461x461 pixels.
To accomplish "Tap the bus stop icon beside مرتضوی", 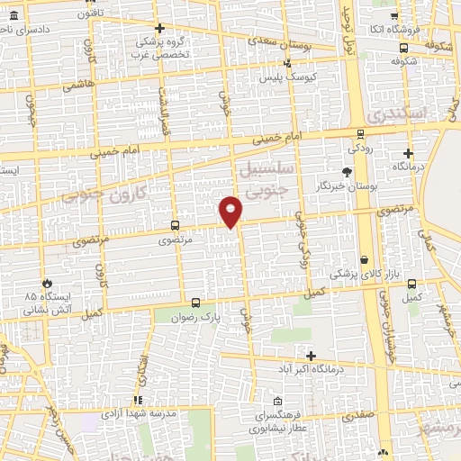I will point(174,227).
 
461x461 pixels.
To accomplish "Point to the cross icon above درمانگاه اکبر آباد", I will point(312,357).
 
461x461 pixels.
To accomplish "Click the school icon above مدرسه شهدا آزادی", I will point(138,400).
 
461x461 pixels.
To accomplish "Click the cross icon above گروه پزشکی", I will point(159,29).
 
